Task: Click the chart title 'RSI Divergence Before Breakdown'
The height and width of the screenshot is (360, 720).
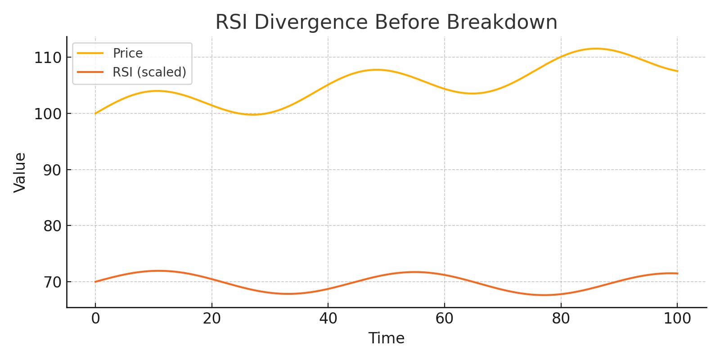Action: coord(386,22)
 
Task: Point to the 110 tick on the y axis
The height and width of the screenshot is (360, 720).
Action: coord(48,58)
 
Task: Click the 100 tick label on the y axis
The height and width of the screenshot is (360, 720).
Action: coord(48,114)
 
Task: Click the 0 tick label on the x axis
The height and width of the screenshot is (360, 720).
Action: coord(95,319)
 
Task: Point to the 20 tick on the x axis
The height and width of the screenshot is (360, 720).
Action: coord(211,319)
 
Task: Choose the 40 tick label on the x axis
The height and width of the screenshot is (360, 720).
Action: coord(328,319)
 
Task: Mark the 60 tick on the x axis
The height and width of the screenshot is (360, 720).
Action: coord(444,319)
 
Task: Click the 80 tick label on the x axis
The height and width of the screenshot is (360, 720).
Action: coord(561,319)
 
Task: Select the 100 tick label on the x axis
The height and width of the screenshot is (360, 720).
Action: coord(677,319)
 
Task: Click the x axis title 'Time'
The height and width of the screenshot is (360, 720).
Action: coord(386,338)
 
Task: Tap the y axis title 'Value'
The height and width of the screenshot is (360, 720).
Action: coord(20,172)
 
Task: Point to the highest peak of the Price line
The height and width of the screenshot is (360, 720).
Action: coord(596,49)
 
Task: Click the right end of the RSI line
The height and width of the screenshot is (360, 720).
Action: coord(677,274)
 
